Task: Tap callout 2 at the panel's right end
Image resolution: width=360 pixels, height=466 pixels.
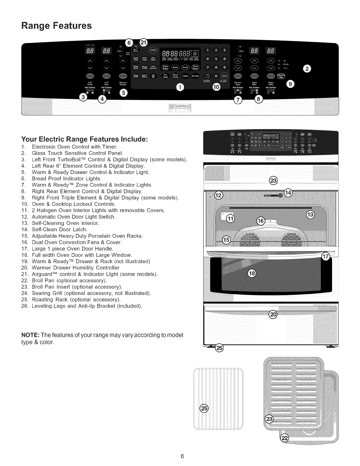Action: coord(307,69)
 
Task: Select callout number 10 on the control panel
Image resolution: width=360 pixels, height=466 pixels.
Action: coord(216,87)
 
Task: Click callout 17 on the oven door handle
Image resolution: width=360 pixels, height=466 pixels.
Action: coord(325,257)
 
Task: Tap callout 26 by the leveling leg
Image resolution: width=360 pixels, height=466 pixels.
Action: coord(219,348)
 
